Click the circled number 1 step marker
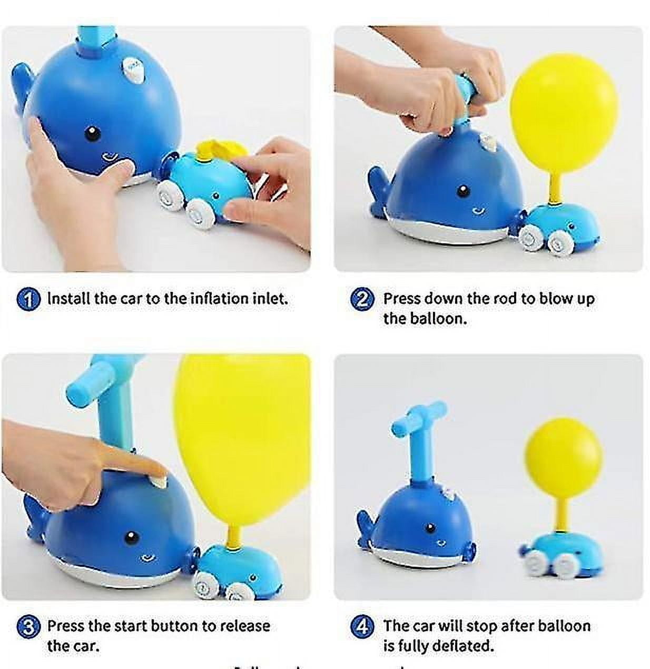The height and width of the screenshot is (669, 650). (x=28, y=299)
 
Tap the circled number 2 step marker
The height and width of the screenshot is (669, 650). (x=362, y=299)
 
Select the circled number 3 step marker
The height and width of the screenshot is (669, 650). (x=28, y=627)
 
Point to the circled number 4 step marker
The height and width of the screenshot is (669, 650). (x=362, y=627)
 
